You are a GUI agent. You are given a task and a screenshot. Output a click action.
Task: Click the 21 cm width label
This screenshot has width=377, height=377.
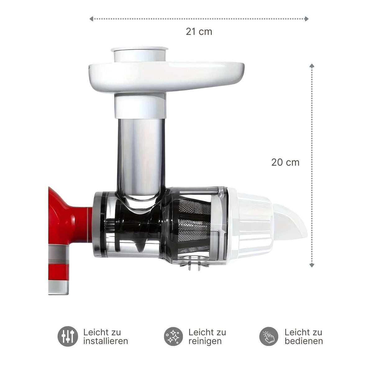199,31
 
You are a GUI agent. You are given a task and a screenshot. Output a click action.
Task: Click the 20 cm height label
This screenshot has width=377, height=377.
285,162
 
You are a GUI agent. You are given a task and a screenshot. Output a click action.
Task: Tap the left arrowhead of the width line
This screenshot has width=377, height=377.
91,19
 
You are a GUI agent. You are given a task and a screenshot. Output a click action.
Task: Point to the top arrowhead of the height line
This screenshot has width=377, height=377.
312,66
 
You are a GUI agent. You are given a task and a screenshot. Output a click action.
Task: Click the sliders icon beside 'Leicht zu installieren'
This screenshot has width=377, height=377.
68,336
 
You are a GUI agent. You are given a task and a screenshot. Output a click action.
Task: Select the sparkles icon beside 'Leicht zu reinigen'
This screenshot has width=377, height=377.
174,336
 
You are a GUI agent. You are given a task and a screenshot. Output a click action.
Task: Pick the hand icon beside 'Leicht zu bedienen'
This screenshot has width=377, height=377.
269,336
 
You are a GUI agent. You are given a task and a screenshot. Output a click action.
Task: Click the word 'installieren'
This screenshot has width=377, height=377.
106,341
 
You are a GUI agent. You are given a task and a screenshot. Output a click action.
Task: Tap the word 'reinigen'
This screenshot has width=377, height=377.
205,341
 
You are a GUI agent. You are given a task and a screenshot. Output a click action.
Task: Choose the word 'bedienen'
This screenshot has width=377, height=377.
304,341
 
